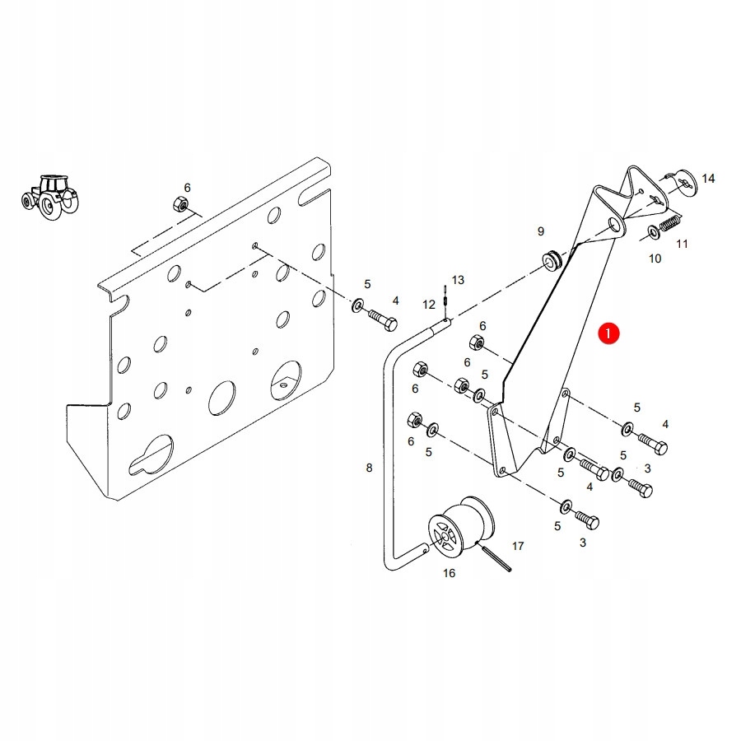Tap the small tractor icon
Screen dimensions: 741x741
click(x=49, y=196)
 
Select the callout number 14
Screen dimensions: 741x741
click(x=708, y=179)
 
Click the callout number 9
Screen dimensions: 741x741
click(x=541, y=231)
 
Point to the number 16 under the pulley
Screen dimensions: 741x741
click(x=449, y=573)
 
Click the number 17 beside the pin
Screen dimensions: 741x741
click(x=518, y=546)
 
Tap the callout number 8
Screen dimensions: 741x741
click(x=369, y=468)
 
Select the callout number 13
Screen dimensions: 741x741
click(x=458, y=280)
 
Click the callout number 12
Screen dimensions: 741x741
click(x=429, y=305)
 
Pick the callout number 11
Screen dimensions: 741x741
click(x=682, y=244)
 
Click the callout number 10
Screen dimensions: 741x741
click(x=655, y=259)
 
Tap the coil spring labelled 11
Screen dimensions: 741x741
click(x=672, y=221)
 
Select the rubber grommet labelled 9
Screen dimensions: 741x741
click(x=549, y=260)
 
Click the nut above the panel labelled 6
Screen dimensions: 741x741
click(x=179, y=204)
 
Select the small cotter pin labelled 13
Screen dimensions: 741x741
click(x=446, y=295)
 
